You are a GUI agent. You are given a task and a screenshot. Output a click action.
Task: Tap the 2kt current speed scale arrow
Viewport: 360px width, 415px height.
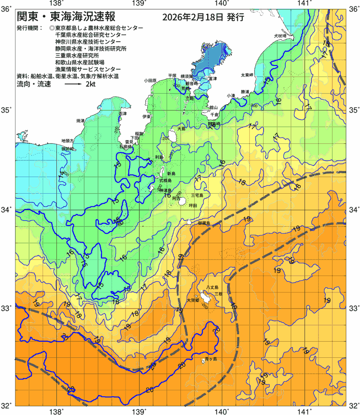tap(73, 85)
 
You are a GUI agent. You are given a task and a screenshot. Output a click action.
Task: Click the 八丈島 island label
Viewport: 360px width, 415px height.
tap(212, 287)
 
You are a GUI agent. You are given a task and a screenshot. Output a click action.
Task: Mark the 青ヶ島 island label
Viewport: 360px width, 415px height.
tap(211, 359)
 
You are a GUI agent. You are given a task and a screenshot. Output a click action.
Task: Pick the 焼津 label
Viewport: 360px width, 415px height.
tap(81, 120)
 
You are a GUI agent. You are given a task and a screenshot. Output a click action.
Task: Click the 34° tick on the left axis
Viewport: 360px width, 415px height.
tap(6, 210)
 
